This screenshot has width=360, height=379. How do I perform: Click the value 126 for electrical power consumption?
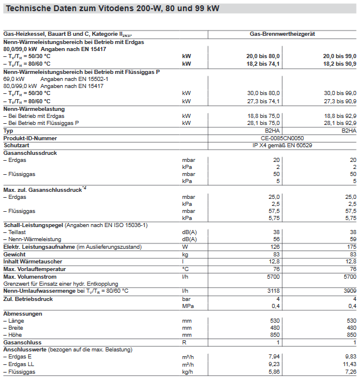pyautogui.click(x=274, y=247)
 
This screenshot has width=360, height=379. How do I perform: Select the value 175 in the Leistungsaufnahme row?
pyautogui.click(x=351, y=247)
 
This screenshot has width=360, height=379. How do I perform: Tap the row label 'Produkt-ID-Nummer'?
pyautogui.click(x=30, y=138)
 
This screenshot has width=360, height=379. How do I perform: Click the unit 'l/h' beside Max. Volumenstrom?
pyautogui.click(x=185, y=276)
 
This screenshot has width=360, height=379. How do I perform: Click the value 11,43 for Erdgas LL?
pyautogui.click(x=348, y=363)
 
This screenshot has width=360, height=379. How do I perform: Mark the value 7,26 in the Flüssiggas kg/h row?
pyautogui.click(x=349, y=371)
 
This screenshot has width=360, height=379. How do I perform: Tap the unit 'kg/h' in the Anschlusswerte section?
pyautogui.click(x=187, y=371)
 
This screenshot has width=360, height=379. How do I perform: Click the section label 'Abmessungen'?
pyautogui.click(x=23, y=313)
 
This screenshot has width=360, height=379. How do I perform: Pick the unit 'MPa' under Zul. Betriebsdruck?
pyautogui.click(x=188, y=306)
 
